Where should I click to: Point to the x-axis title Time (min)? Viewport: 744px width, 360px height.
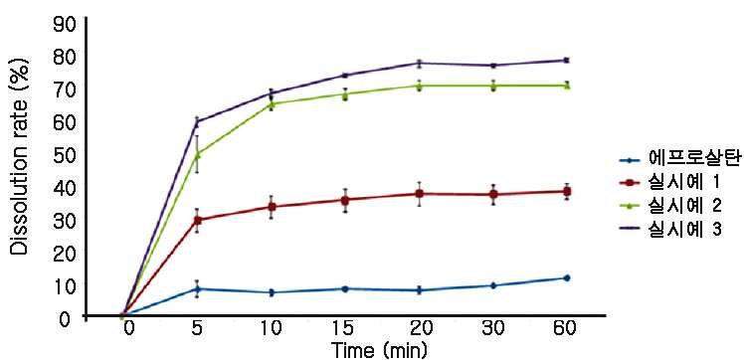tap(380, 350)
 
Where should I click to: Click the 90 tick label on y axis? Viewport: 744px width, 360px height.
tap(64, 24)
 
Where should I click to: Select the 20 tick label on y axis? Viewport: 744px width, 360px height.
tap(64, 251)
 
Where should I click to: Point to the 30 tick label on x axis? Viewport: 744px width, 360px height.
tap(493, 329)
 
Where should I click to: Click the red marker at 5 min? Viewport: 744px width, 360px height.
tap(197, 220)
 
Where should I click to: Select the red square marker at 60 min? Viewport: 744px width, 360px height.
tap(566, 191)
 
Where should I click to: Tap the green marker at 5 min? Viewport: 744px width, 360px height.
tap(197, 154)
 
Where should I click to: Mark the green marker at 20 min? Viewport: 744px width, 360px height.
tap(419, 86)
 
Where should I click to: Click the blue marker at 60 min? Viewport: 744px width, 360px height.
tap(566, 277)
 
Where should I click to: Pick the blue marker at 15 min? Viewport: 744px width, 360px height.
tap(344, 288)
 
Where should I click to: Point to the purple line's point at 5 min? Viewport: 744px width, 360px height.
tap(197, 121)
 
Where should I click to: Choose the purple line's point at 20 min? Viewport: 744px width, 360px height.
tap(419, 63)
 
